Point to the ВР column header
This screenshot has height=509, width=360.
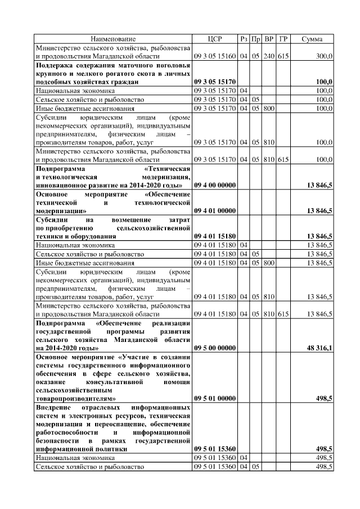click(269, 39)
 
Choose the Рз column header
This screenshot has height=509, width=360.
click(244, 39)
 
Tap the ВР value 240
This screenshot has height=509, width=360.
click(269, 56)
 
